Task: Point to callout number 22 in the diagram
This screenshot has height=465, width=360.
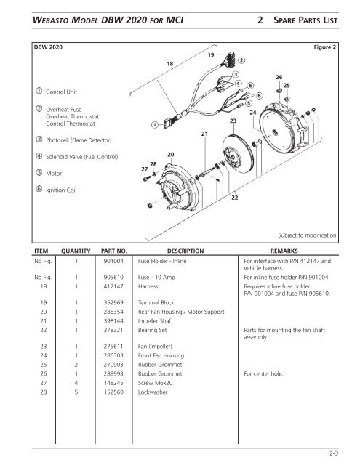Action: (233, 197)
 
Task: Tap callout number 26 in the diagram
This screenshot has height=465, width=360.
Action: (278, 76)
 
